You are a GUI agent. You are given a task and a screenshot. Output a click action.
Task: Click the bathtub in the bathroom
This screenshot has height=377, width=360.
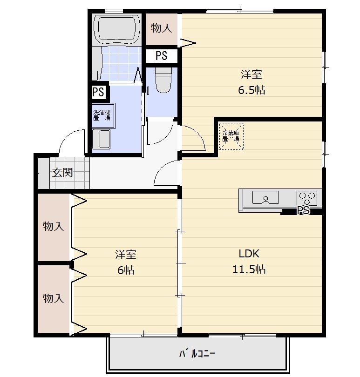(x=117, y=29)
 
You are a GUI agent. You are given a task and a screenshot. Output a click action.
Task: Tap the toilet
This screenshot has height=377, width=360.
(x=163, y=80)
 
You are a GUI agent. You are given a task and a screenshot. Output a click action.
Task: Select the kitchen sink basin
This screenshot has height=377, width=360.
(x=265, y=197)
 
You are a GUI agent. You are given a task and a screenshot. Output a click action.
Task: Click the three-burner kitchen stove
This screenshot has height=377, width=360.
(x=307, y=198)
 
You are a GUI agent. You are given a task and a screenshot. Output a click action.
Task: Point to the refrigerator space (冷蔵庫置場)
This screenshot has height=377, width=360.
(x=231, y=136)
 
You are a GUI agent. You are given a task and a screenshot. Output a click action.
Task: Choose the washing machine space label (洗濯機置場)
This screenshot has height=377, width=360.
(x=102, y=115)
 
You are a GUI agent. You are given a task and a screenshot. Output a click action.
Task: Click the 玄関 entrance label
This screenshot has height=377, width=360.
(x=62, y=172)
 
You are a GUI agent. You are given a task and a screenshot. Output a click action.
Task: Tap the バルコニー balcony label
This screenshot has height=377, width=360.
(x=197, y=353)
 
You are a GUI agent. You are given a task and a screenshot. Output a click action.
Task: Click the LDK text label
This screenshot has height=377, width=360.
(x=249, y=254)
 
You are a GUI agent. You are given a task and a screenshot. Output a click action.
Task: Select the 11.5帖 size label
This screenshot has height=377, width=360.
(x=249, y=269)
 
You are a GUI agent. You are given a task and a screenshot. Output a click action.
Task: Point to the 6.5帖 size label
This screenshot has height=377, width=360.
(x=251, y=90)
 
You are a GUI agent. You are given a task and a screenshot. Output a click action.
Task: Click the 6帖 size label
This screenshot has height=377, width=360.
(x=126, y=270)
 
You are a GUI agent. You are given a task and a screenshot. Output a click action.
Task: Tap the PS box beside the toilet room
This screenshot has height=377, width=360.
(x=162, y=56)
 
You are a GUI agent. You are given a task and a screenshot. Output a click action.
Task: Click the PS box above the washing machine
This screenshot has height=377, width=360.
(x=98, y=92)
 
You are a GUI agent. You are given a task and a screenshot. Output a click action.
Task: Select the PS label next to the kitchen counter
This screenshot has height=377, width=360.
(x=304, y=211)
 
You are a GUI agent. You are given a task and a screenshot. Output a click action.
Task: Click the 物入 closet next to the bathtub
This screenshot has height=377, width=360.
(x=162, y=29)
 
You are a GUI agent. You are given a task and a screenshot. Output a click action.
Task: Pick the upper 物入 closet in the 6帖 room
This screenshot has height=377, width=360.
(x=54, y=227)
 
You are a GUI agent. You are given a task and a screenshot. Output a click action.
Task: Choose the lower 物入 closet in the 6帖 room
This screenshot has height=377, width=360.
(x=54, y=299)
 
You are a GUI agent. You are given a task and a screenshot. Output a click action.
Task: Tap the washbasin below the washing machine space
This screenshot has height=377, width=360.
(x=102, y=139)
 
